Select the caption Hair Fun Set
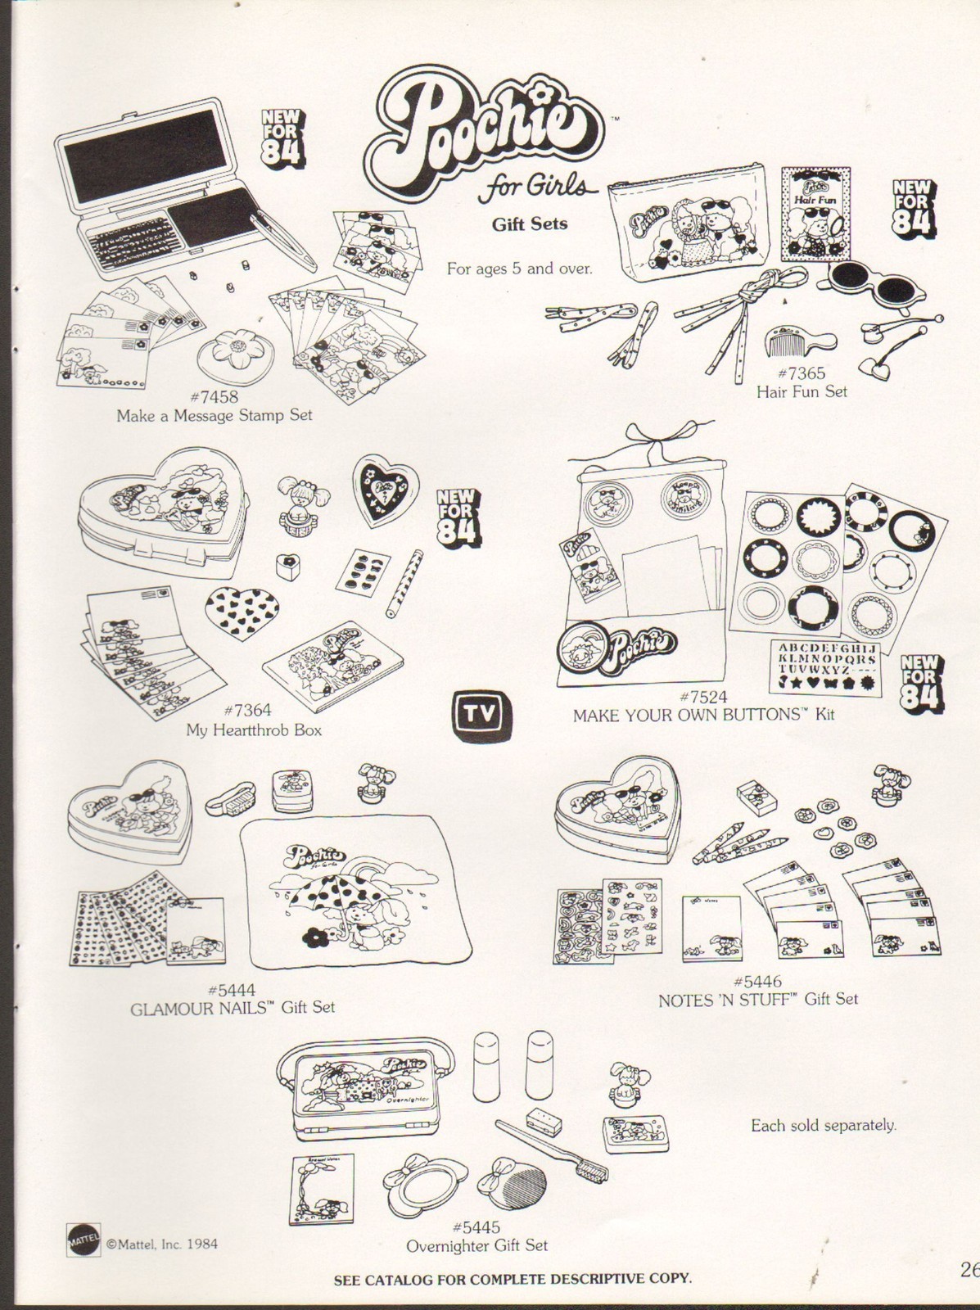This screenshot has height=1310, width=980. point(802,391)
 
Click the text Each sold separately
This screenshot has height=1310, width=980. point(824,1126)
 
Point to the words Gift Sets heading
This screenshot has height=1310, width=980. point(530,223)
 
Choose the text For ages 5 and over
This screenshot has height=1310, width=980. point(519,268)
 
